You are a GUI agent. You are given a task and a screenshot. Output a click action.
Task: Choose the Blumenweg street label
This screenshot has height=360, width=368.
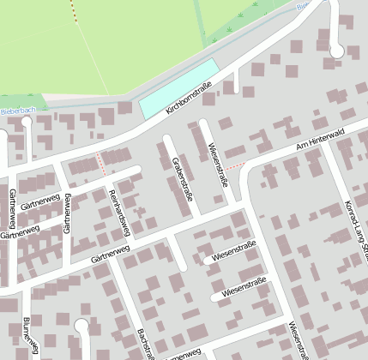coord(30,334)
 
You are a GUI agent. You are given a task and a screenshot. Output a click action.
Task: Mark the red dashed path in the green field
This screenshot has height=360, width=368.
coord(72,10)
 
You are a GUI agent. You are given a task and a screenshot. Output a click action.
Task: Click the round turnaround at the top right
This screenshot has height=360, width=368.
coord(336,51)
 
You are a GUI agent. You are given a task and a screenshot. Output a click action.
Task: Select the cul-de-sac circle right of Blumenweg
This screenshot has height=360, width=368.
coord(81,326)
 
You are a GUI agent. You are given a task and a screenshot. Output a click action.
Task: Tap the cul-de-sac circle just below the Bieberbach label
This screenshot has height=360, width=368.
coord(27,123)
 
